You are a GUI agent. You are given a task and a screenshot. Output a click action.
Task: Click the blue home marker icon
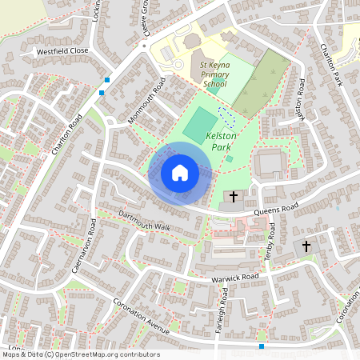(x=180, y=173)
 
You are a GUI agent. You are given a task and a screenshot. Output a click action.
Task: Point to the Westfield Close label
(x=62, y=50)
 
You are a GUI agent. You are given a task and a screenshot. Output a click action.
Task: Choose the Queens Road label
(x=275, y=210)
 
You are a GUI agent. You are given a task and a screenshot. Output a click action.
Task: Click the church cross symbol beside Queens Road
(x=234, y=196)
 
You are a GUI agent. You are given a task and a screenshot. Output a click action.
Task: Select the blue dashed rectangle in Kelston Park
(x=227, y=117)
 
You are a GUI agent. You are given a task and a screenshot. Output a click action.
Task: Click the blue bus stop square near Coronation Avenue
(x=262, y=346)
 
